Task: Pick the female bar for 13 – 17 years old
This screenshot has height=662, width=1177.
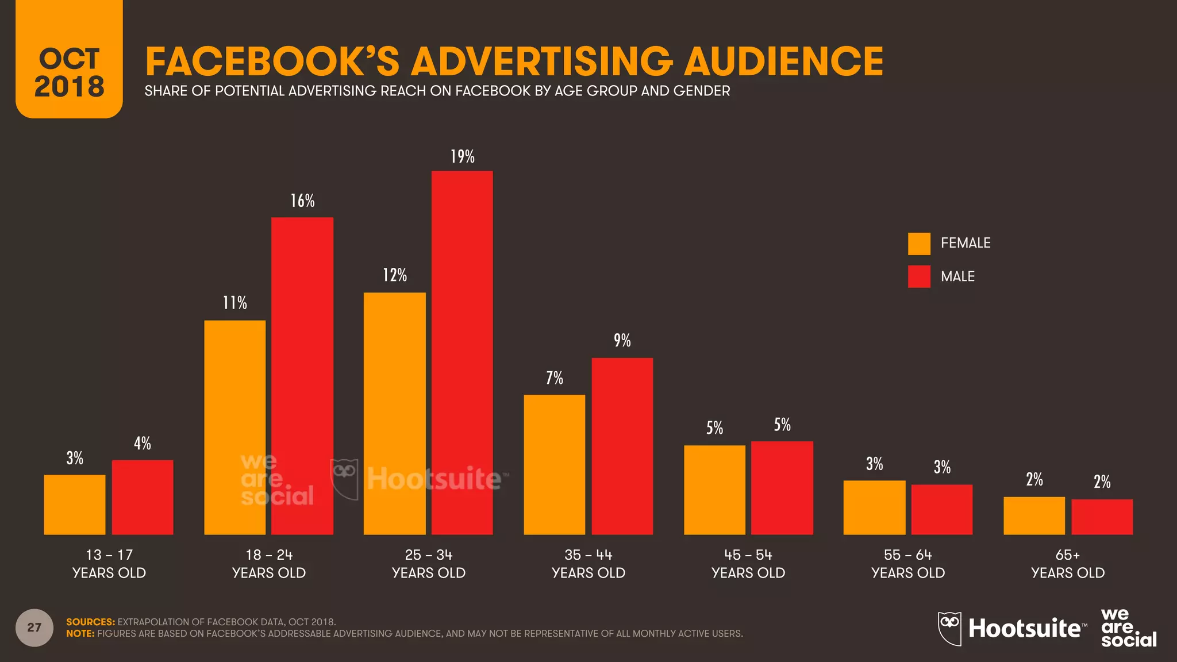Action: tap(75, 504)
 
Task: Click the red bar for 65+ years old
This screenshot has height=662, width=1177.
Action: tap(1102, 517)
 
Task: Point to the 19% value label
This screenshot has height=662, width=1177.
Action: tap(462, 157)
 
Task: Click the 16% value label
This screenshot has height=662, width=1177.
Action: tap(302, 201)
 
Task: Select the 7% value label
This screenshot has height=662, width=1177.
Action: tap(554, 378)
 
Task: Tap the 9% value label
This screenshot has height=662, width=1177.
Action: tap(622, 341)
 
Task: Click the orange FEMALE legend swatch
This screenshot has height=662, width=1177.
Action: tap(919, 244)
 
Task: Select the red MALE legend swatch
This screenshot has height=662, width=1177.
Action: tap(919, 276)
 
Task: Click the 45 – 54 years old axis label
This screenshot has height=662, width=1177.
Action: tap(748, 564)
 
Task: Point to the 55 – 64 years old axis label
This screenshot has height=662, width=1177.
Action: tap(908, 564)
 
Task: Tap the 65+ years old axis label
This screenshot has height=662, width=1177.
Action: tap(1068, 564)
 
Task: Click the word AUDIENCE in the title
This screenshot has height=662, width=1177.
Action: tap(783, 61)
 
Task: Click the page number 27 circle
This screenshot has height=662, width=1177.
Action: tap(34, 628)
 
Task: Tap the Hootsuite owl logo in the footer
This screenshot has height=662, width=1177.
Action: tap(949, 628)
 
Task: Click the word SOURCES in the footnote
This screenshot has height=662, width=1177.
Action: tap(90, 622)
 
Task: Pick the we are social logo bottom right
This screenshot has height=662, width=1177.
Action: tap(1128, 628)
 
